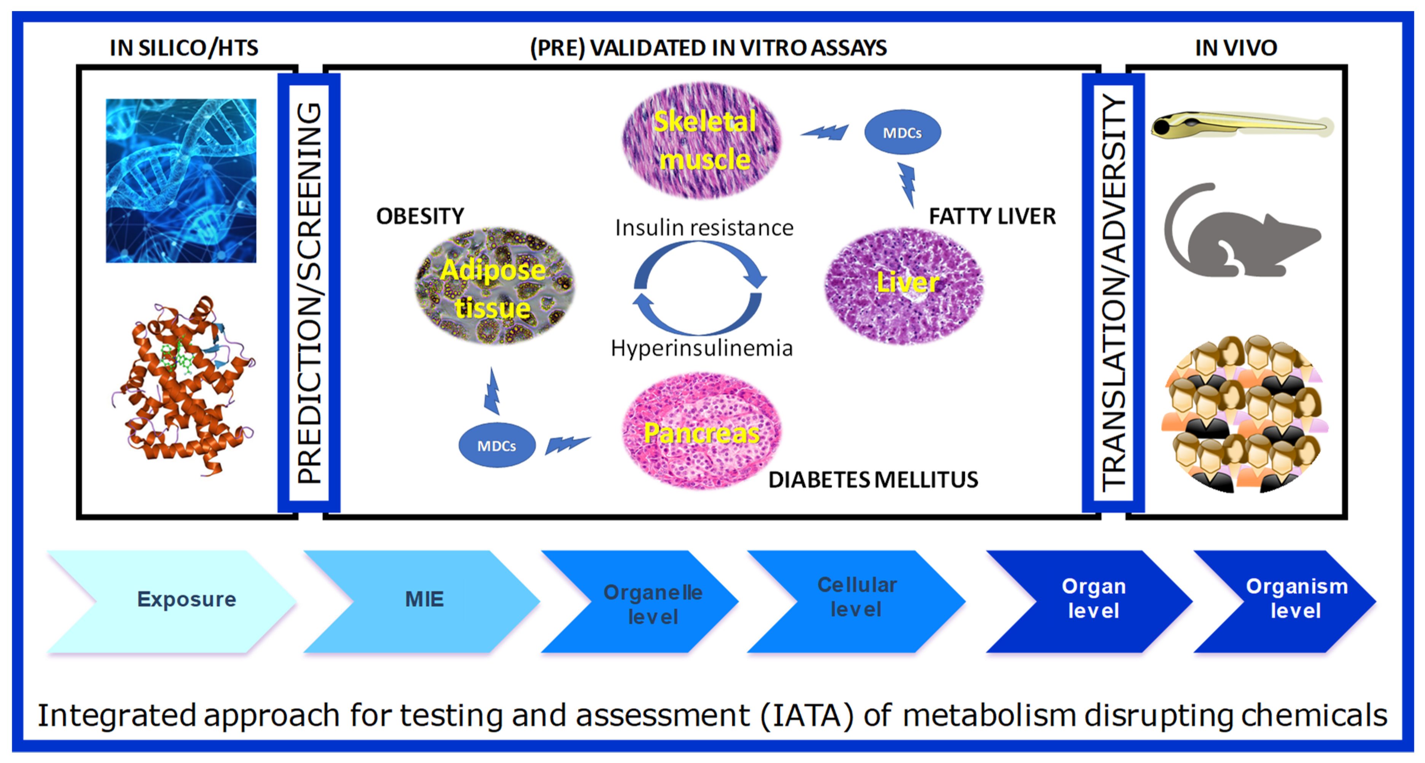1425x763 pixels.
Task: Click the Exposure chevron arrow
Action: coord(177,600)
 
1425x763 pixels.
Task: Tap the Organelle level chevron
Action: coord(647,603)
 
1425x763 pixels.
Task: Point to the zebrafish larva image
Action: coord(1242,125)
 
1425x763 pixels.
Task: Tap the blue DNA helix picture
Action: coord(181,180)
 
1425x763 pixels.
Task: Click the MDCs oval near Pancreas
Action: coord(496,445)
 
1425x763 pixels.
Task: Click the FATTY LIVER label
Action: coord(992,216)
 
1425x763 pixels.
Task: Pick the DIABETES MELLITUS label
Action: coord(873,480)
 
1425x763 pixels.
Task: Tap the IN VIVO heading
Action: coord(1236,48)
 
